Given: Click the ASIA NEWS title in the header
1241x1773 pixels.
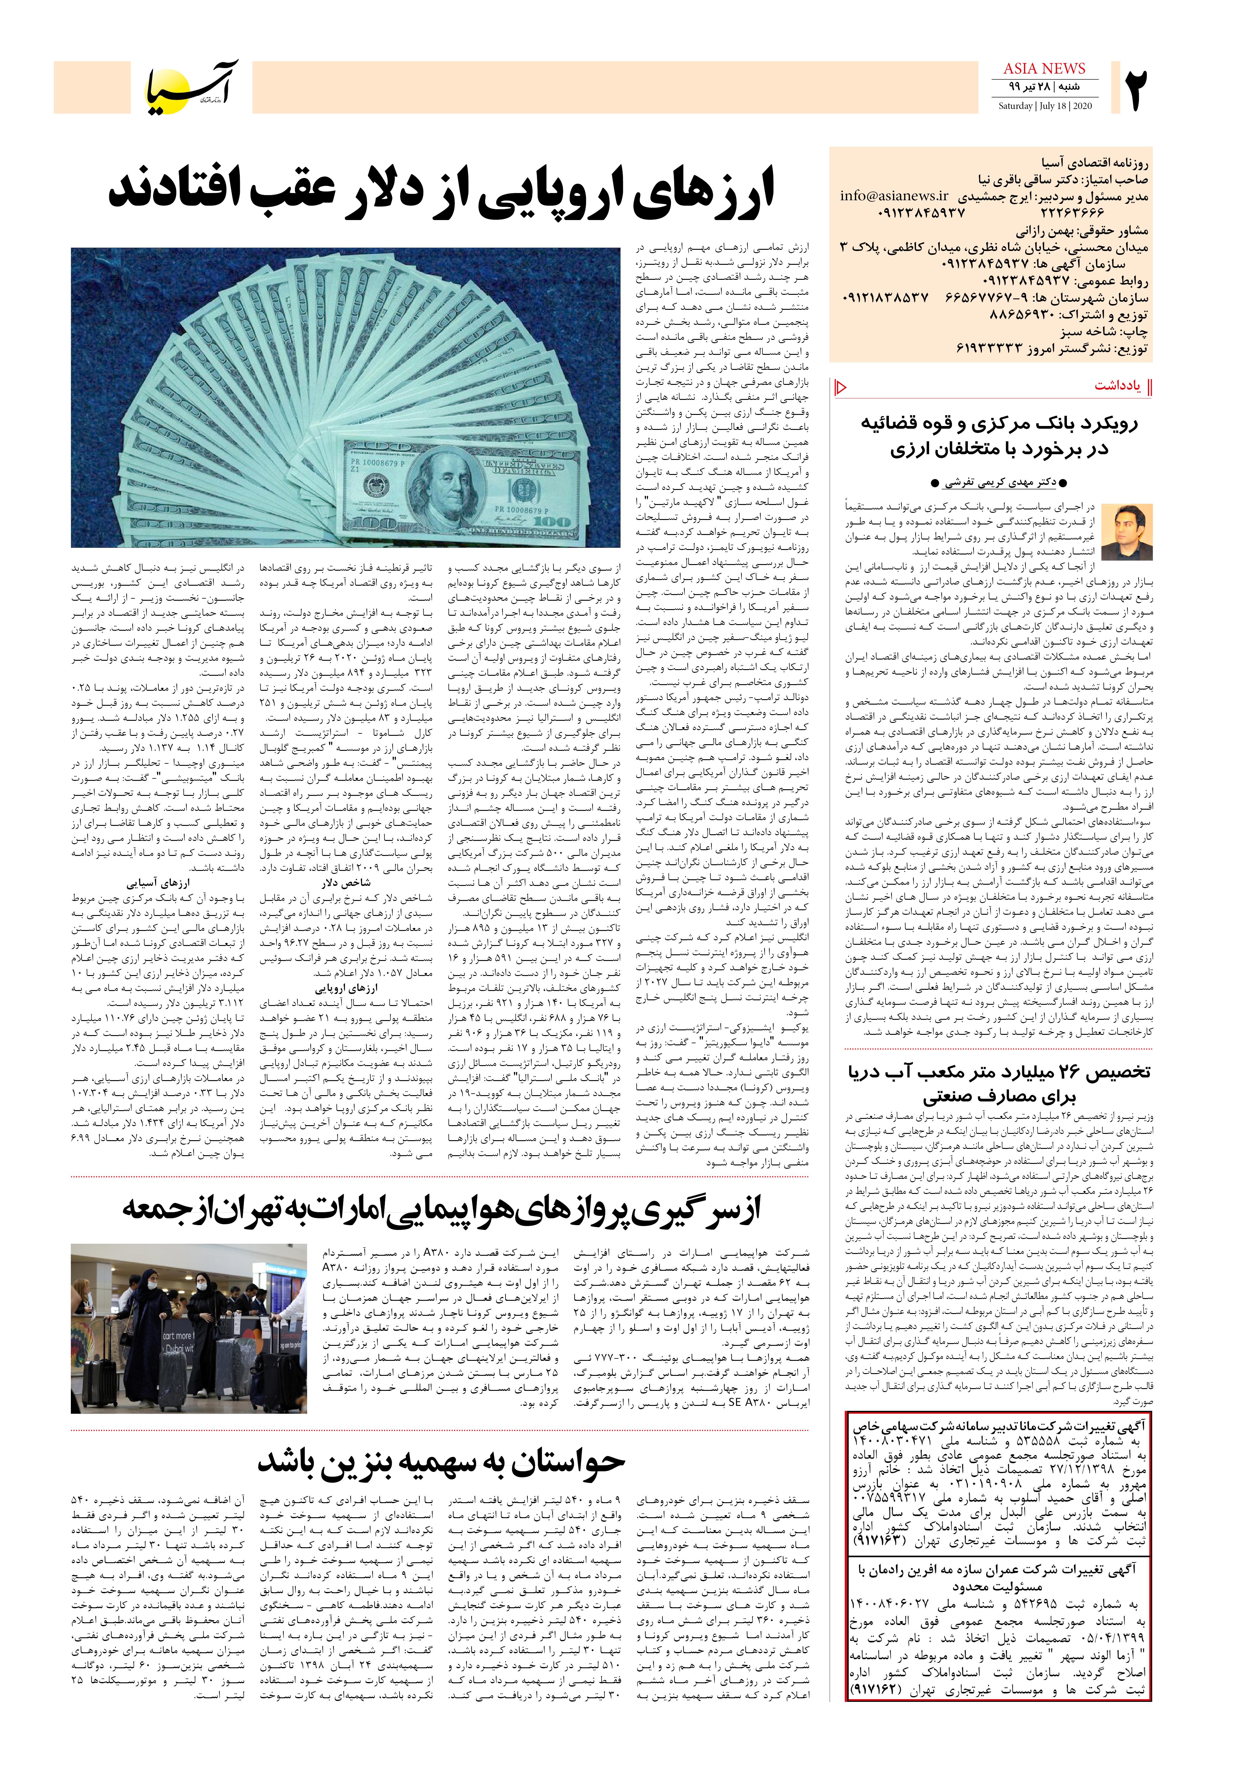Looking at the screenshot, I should [1044, 69].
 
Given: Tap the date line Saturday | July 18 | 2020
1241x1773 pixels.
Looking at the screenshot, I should [1044, 106].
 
